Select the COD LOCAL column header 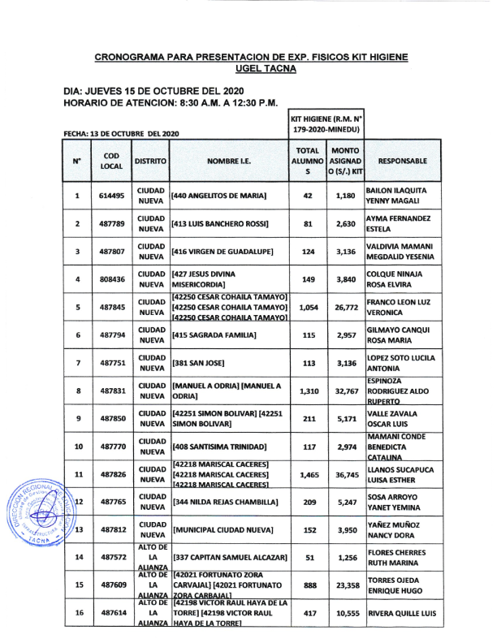(x=111, y=161)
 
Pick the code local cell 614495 (x=111, y=196)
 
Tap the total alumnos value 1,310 (x=308, y=391)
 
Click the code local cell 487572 (x=111, y=557)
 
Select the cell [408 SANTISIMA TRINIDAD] (x=219, y=446)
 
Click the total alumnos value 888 (x=308, y=585)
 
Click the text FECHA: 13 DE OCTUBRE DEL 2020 (x=120, y=132)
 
